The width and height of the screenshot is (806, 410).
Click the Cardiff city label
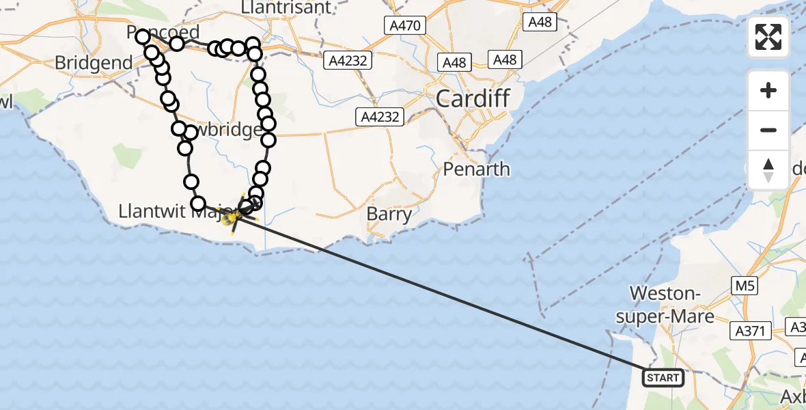pos(473,99)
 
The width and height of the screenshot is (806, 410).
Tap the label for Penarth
pos(477,169)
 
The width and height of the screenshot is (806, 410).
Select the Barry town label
pos(389,214)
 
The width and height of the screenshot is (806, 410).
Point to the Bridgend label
pos(94,63)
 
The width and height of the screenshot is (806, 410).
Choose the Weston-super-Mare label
pos(671,305)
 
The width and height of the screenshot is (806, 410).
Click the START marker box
pos(663,377)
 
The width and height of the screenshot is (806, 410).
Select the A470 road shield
pos(404,26)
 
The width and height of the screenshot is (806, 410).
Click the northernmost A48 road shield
pos(540,22)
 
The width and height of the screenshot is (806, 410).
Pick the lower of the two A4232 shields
pos(378,117)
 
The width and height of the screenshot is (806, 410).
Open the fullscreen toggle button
pos(768,37)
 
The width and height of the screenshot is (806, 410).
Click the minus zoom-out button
pos(768,130)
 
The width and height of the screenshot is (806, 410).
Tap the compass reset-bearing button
pos(768,169)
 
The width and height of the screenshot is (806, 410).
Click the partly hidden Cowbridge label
pos(229,130)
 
